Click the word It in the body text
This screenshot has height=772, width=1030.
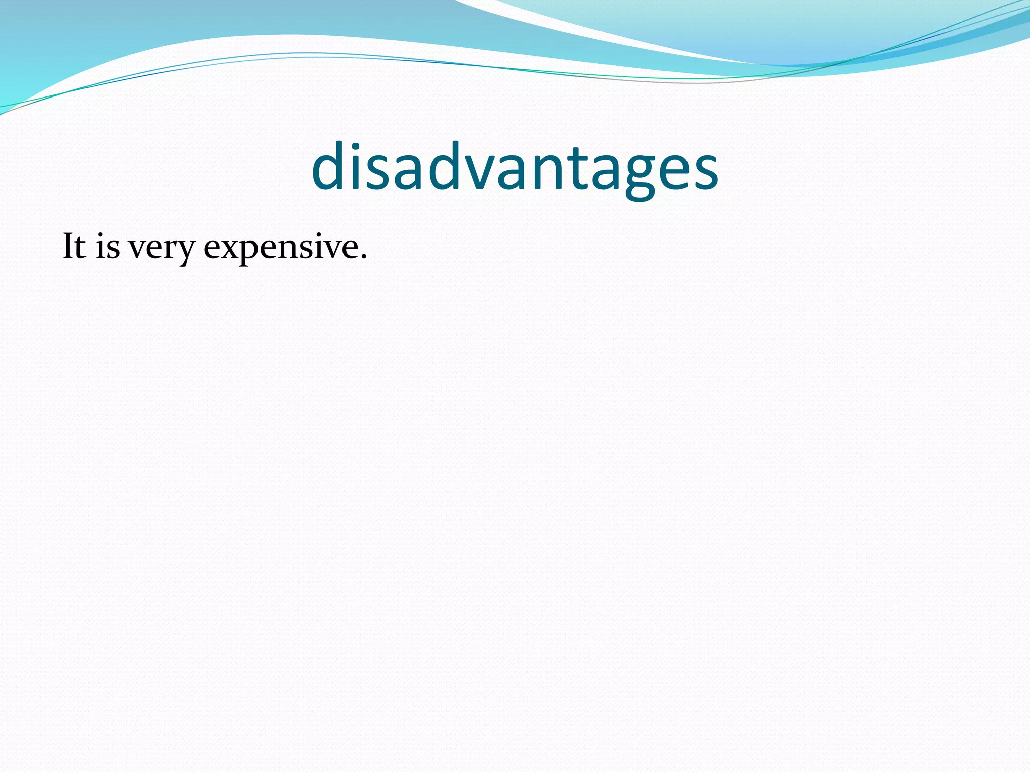(x=74, y=247)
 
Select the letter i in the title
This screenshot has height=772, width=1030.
(x=356, y=166)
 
